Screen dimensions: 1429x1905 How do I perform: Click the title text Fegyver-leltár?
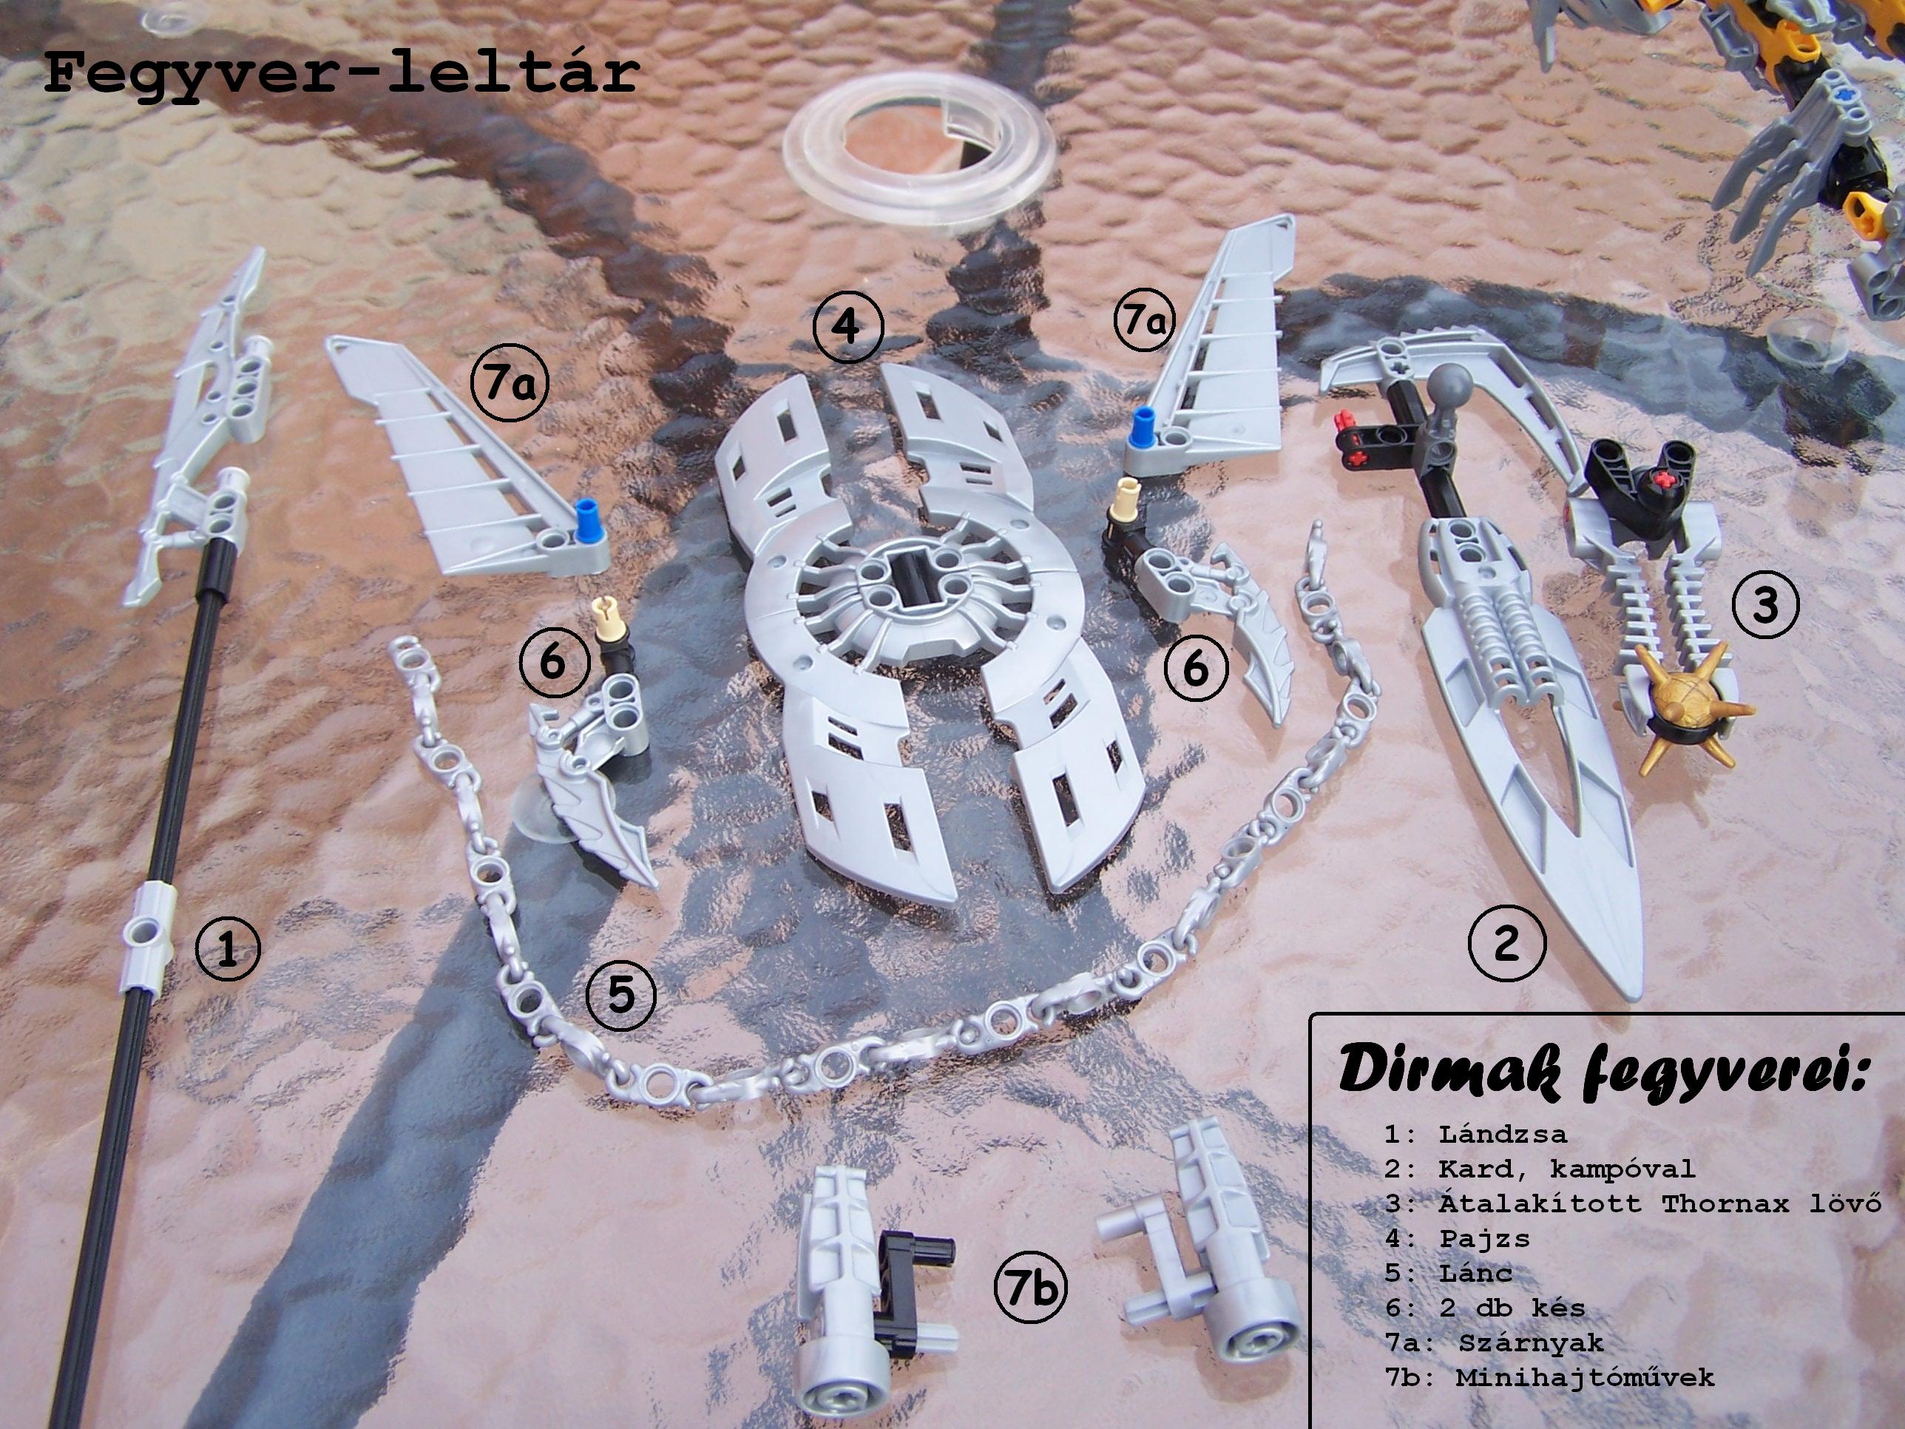[341, 72]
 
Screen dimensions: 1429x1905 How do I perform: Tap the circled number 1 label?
[227, 949]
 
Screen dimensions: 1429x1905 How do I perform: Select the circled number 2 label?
[1506, 943]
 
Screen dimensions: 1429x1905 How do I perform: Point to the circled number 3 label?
[1764, 605]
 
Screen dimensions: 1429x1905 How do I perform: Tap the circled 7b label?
[1031, 1288]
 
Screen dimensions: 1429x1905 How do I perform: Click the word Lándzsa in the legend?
[1502, 1134]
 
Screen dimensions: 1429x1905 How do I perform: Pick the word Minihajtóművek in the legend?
[1585, 1376]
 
